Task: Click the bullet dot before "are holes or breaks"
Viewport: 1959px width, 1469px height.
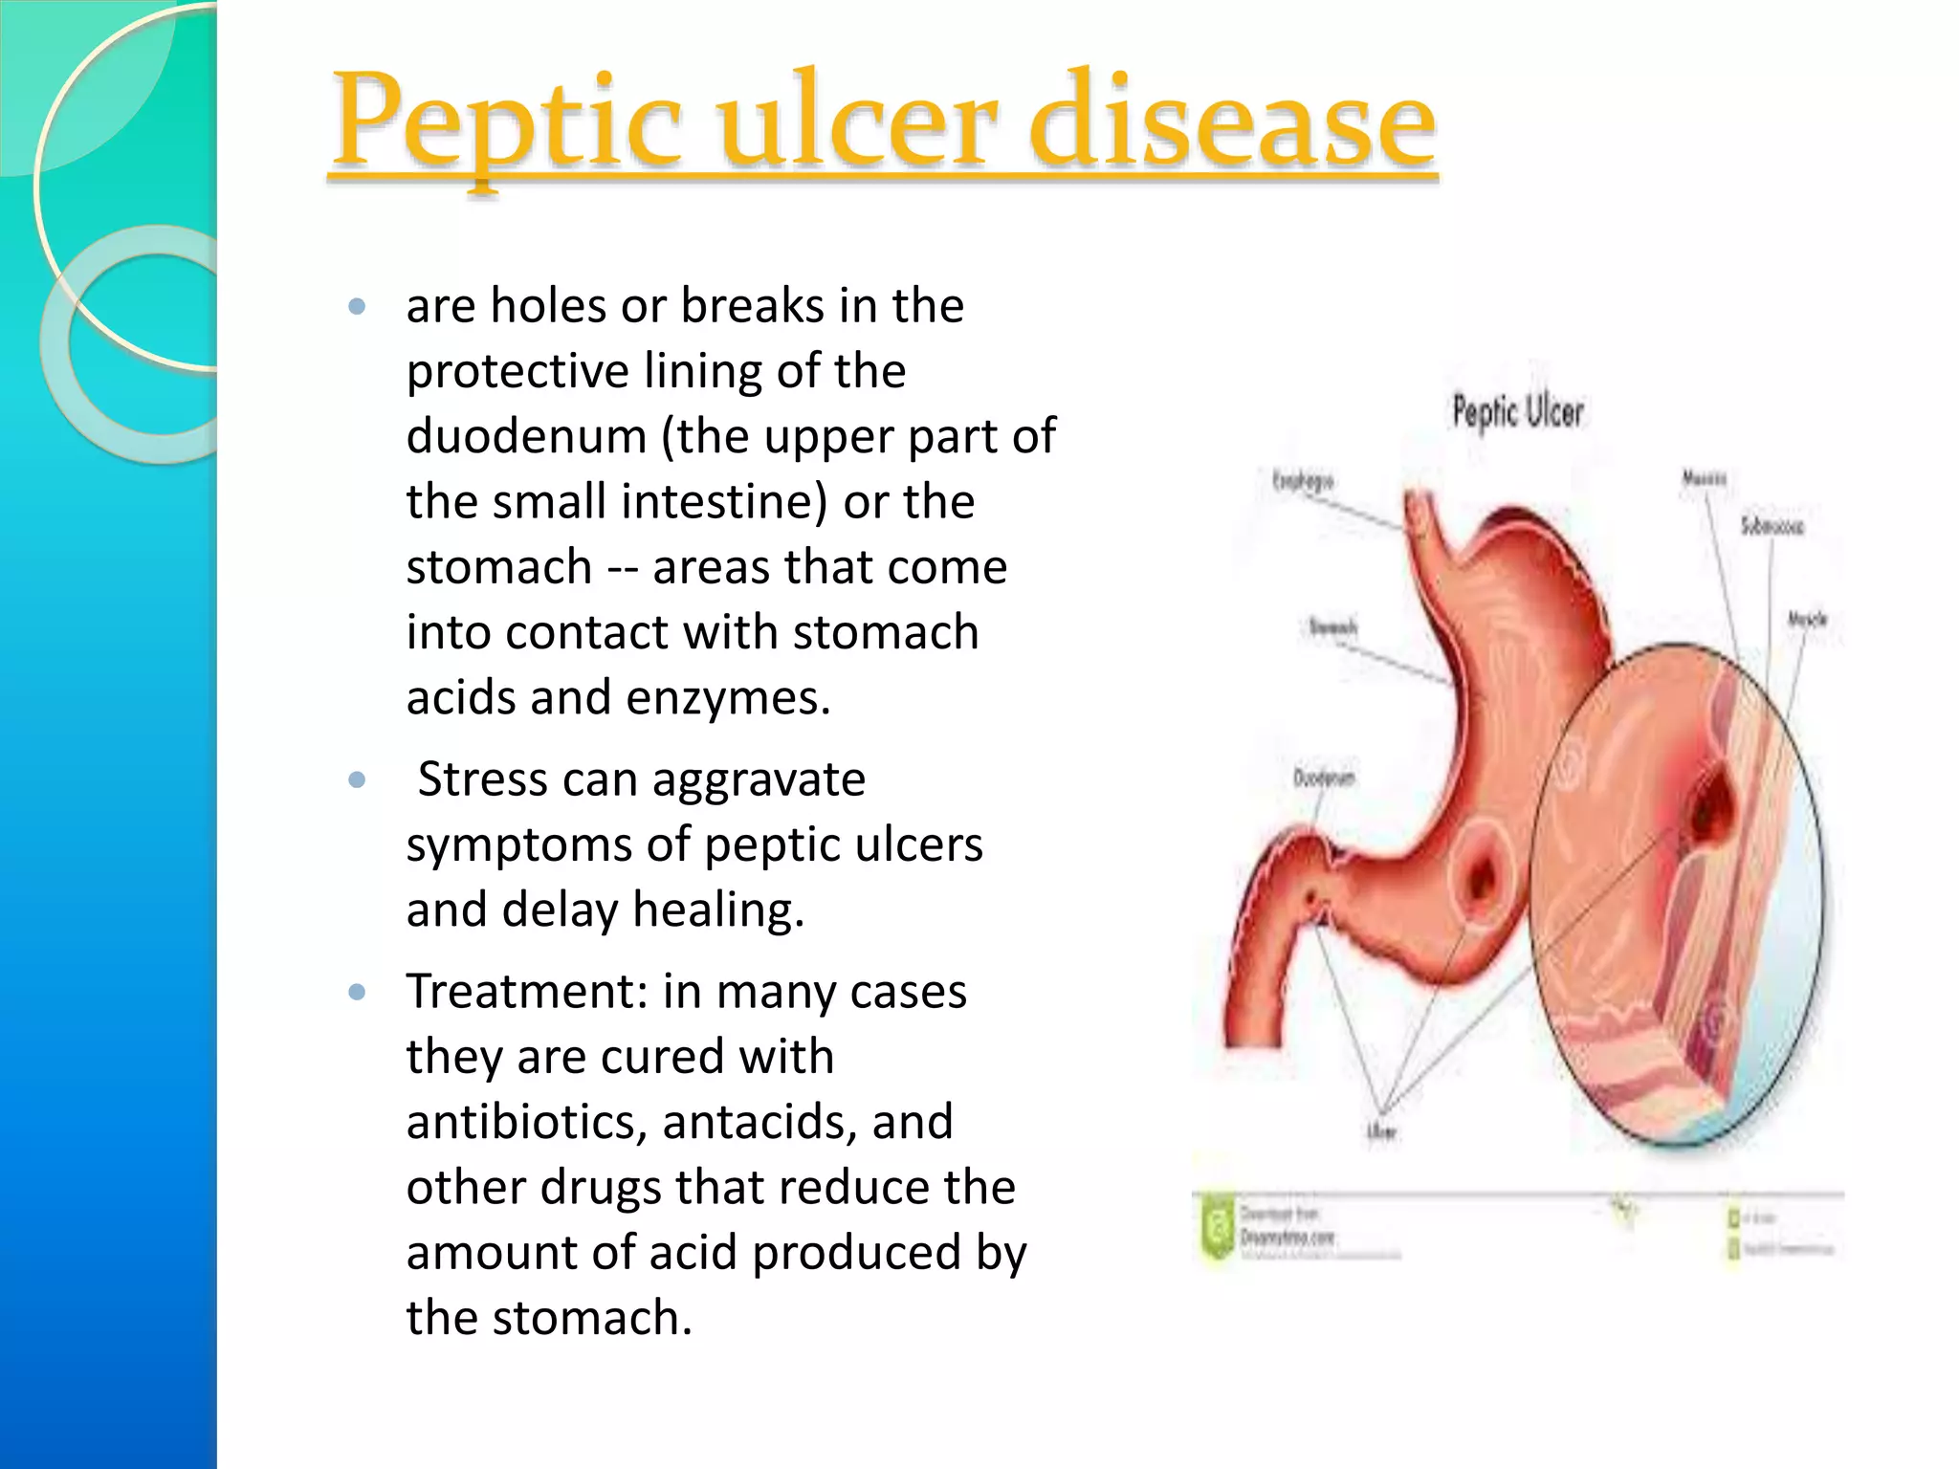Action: tap(358, 307)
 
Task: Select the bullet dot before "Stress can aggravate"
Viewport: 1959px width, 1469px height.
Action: tap(358, 780)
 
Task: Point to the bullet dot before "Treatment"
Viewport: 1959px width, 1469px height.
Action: tap(358, 993)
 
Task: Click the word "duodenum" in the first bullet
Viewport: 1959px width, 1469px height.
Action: tap(526, 436)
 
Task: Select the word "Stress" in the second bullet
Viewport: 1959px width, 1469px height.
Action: tap(482, 779)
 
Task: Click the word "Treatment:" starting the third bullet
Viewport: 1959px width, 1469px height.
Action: tap(526, 992)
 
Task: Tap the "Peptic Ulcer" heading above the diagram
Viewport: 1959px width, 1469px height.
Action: tap(1518, 412)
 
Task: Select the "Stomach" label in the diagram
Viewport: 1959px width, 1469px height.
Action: tap(1332, 627)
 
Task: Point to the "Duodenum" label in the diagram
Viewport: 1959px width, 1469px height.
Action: tap(1324, 778)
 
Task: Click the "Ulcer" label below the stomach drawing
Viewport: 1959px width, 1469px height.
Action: tap(1381, 1132)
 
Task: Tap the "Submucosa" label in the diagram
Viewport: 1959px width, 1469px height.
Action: tap(1772, 526)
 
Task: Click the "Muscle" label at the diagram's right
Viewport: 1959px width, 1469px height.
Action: tap(1807, 620)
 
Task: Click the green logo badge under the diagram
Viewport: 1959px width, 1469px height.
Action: tap(1218, 1228)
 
